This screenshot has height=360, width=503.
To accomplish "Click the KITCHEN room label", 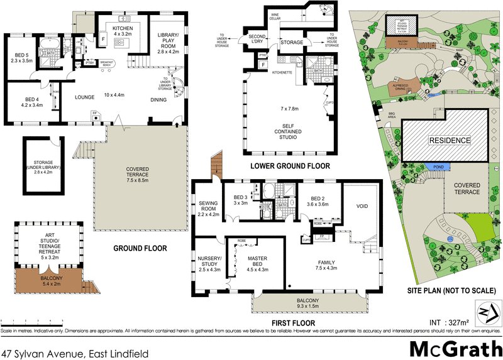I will [122, 28].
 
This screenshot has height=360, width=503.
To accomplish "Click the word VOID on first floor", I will [362, 206].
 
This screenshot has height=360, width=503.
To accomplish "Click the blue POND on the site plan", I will [433, 166].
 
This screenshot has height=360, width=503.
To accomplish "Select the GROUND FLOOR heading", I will [140, 248].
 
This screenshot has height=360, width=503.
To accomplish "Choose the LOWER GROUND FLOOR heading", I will [289, 166].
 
